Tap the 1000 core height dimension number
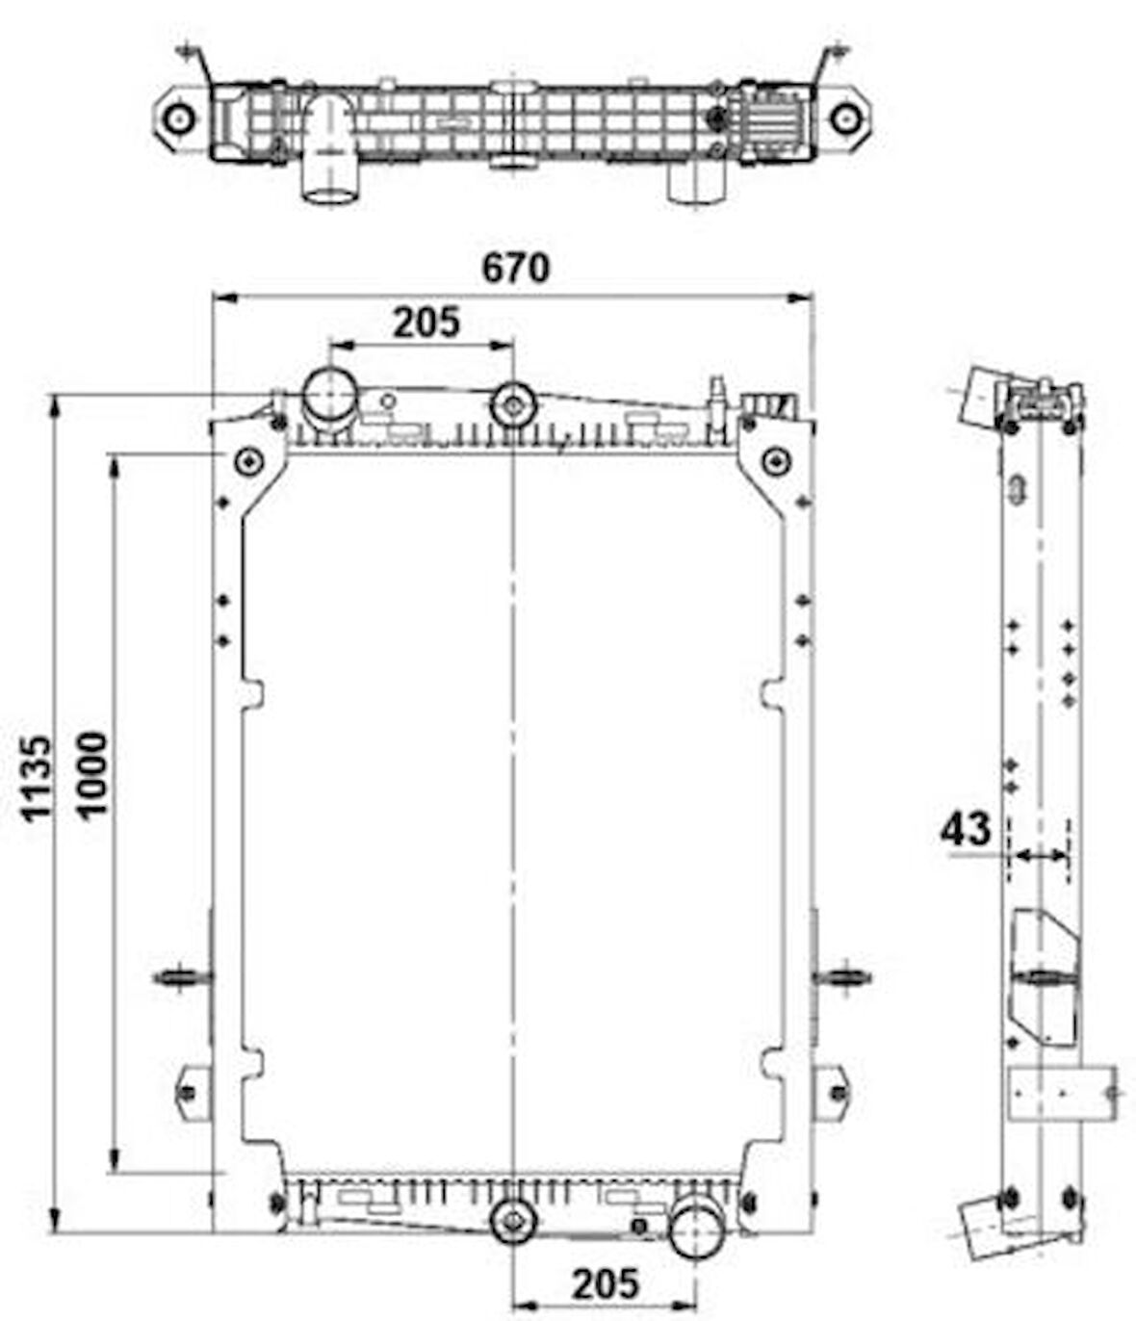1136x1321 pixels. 93,774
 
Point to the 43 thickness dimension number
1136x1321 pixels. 966,829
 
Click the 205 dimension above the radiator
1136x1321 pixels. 426,323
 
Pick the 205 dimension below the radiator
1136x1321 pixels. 606,1283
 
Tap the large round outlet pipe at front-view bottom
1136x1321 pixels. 696,1228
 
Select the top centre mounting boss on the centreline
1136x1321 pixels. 513,404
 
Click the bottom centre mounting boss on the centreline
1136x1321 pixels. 513,1222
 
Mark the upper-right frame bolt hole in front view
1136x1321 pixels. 775,461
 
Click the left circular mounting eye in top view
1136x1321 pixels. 178,118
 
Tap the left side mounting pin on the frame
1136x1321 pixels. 180,977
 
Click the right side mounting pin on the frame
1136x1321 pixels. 843,977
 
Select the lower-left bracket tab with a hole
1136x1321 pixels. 189,1092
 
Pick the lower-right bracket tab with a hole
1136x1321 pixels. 837,1092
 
